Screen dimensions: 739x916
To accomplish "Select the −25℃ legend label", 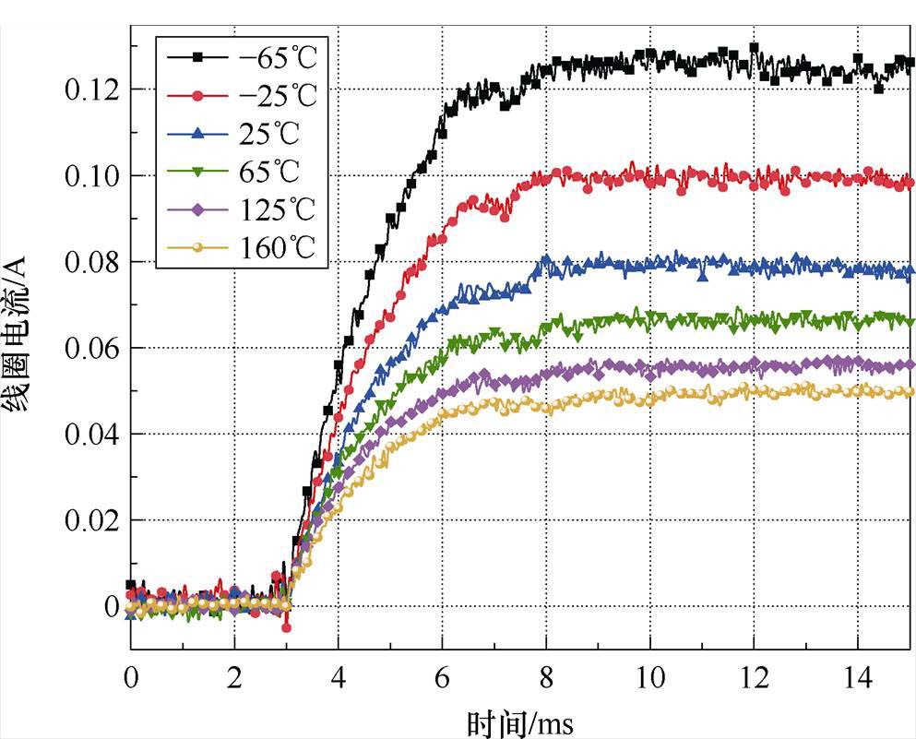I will point(276,95).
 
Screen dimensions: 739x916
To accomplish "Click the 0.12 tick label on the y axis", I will point(92,89).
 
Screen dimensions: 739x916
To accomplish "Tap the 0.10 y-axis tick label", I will point(92,175).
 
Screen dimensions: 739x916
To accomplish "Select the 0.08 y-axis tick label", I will point(92,262).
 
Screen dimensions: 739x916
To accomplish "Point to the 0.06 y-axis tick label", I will point(92,348).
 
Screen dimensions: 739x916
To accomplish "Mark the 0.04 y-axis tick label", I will point(92,434).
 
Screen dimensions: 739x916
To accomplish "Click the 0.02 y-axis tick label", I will point(92,520).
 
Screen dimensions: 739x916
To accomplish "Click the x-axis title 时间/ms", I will point(520,721).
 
